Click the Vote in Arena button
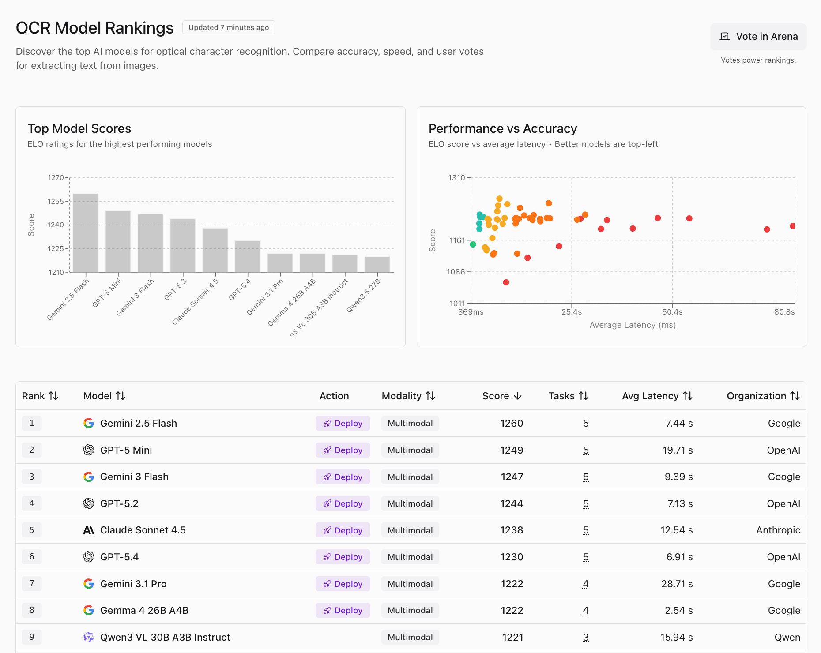click(758, 36)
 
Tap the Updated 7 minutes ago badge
click(229, 27)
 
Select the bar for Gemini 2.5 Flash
click(86, 233)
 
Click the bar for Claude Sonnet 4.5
click(215, 250)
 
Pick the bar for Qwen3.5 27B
click(377, 264)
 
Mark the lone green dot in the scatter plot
click(473, 244)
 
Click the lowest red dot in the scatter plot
click(506, 282)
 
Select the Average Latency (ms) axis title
click(633, 325)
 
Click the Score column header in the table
click(502, 396)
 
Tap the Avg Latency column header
click(657, 396)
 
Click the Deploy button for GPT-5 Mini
click(343, 450)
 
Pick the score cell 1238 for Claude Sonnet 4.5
click(512, 530)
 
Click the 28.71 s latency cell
click(677, 584)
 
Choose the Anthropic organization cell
click(778, 530)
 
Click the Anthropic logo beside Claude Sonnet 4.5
click(89, 530)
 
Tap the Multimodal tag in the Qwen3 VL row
click(410, 637)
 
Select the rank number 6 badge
click(32, 557)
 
